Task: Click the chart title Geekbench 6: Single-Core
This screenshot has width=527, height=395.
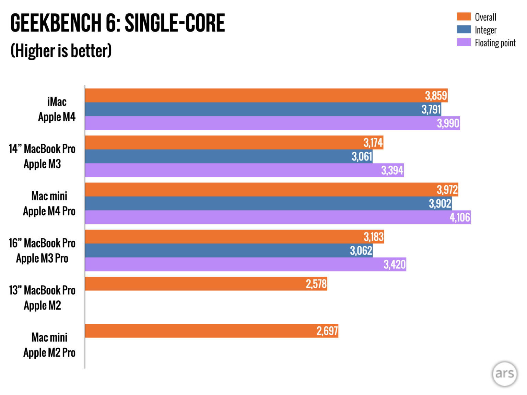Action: (x=117, y=23)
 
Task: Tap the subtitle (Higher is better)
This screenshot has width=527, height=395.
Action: (x=61, y=51)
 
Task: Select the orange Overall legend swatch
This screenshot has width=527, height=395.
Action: (x=464, y=16)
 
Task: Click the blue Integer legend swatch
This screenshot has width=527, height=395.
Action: (x=464, y=29)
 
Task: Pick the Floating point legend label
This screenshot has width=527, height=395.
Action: (x=495, y=43)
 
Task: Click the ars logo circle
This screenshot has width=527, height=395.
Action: (x=504, y=374)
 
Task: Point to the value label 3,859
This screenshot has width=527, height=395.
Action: (x=436, y=96)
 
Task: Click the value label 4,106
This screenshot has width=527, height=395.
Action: (x=460, y=217)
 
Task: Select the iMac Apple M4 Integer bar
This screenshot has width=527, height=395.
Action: (x=254, y=109)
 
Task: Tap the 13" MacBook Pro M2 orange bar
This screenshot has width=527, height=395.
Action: (x=206, y=284)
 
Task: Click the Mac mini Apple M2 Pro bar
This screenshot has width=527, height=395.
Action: (x=211, y=331)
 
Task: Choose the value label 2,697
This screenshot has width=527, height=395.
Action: (x=327, y=331)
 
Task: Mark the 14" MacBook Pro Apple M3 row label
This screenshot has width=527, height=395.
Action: (x=42, y=156)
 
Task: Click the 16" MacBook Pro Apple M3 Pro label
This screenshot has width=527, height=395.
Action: (x=42, y=251)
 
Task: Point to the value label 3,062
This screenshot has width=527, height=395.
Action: (x=361, y=251)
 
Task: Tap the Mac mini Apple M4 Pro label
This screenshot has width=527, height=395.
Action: (x=49, y=204)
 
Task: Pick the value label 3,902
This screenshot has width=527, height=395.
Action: (x=440, y=204)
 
